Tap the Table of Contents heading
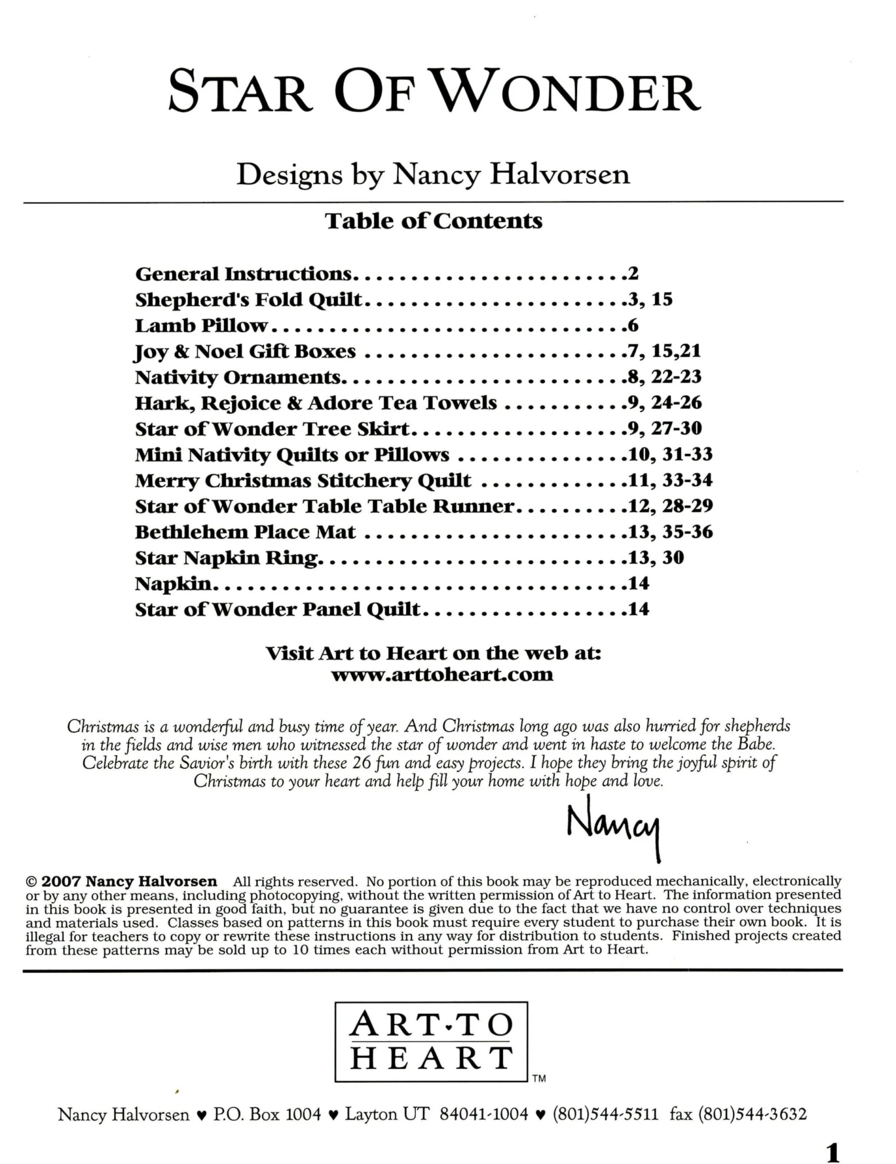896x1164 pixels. [434, 221]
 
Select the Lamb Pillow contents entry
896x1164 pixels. [201, 326]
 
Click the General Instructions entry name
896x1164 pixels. [244, 274]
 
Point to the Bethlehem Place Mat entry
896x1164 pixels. [245, 532]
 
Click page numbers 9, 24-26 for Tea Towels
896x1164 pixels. [664, 403]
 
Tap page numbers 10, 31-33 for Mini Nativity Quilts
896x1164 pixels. [670, 454]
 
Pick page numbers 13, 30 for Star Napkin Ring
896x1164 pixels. [656, 558]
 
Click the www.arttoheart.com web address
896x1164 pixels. [442, 675]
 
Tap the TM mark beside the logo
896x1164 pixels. [539, 1079]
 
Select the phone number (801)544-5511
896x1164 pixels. [605, 1114]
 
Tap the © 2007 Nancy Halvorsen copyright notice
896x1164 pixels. [122, 882]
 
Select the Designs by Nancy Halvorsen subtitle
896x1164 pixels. [433, 175]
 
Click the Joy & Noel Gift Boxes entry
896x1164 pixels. [246, 352]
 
